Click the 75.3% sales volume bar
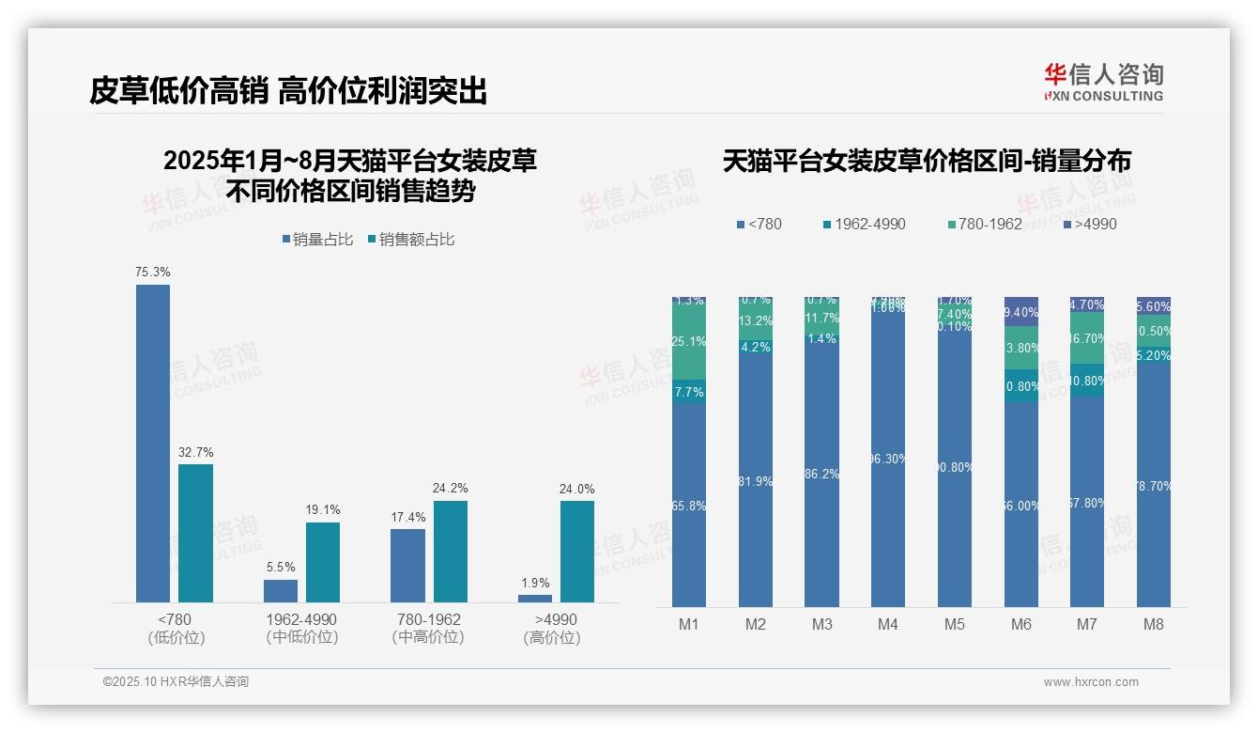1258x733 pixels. coord(153,443)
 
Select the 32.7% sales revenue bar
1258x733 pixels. coord(195,533)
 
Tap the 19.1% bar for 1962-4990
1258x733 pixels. coord(323,562)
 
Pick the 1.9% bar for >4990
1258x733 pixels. coord(535,598)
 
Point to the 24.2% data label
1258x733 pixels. coord(451,489)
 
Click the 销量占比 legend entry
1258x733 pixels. coord(317,240)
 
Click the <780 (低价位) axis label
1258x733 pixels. coord(176,628)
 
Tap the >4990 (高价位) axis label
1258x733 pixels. coord(556,628)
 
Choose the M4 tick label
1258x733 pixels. coord(888,624)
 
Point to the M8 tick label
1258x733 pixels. coord(1154,624)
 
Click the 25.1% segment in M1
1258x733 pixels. coord(689,342)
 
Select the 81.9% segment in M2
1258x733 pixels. coord(756,481)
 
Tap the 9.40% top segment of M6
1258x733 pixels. coord(1021,312)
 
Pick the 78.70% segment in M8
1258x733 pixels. coord(1154,486)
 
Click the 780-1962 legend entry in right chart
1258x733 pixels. coord(985,224)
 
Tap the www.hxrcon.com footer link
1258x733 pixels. coord(1091,682)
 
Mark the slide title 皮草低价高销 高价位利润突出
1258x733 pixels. coord(288,90)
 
